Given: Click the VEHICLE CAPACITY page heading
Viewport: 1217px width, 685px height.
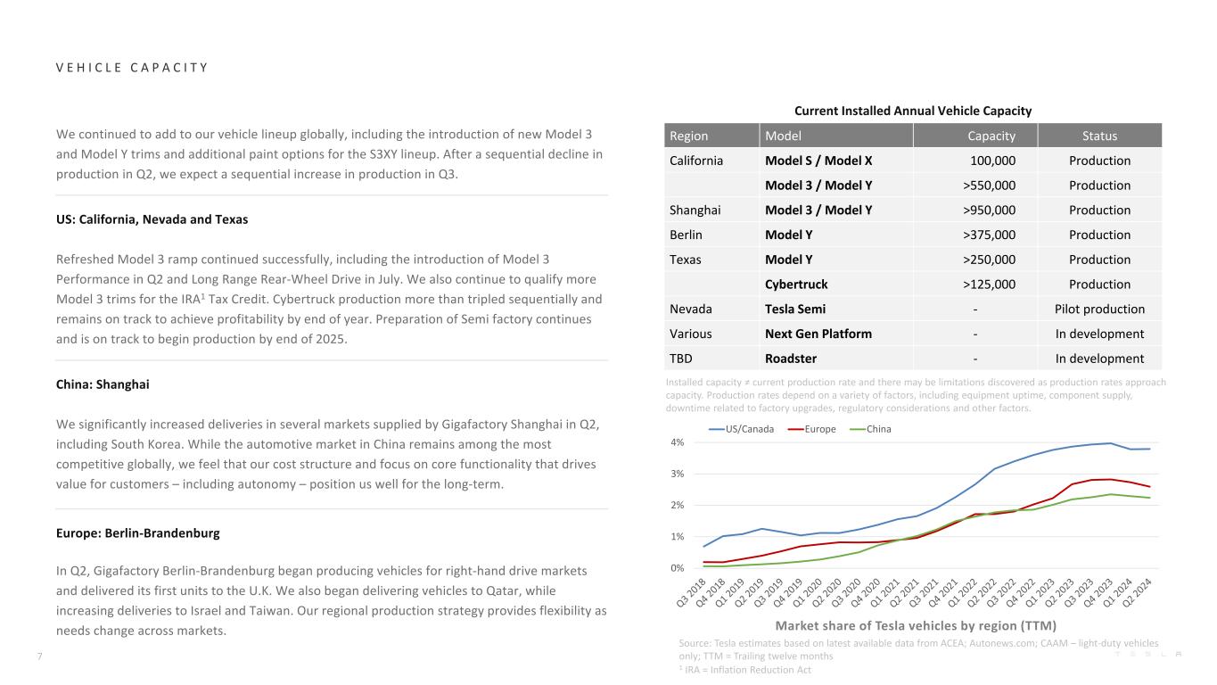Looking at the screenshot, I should point(131,68).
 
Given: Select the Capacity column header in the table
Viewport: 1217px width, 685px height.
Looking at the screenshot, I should point(991,136).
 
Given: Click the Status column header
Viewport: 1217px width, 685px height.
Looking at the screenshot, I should point(1099,136).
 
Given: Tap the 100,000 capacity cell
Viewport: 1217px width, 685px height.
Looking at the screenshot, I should point(992,161).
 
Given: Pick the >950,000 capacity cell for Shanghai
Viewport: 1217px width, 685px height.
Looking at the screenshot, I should point(984,210).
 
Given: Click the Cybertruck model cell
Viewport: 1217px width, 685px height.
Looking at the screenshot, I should point(796,285).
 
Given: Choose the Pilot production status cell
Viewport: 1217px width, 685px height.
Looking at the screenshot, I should point(1099,309).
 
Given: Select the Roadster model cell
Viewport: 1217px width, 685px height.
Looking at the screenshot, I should point(791,359).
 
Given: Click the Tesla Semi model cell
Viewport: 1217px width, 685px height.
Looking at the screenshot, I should point(795,309).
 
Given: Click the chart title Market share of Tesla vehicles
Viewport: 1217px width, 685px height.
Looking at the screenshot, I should point(921,625).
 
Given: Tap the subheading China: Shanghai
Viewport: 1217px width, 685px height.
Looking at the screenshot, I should point(102,384).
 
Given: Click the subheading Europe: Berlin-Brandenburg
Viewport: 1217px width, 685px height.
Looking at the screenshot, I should point(137,533).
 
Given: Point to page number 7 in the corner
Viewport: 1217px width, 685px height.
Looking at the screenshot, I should point(39,656).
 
